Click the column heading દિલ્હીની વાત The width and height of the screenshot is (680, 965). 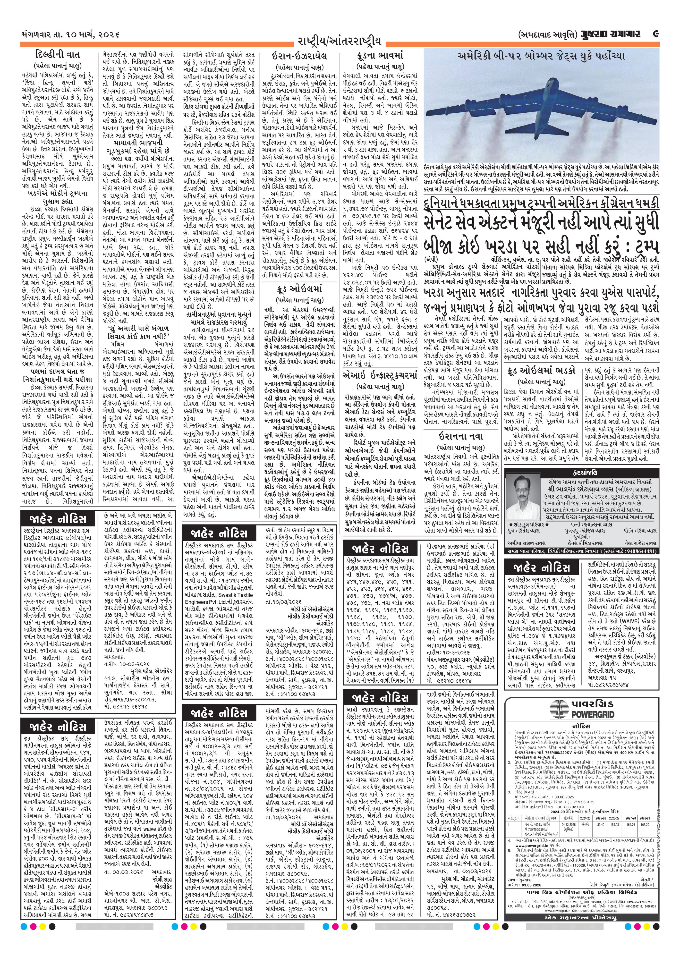pyautogui.click(x=59, y=55)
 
